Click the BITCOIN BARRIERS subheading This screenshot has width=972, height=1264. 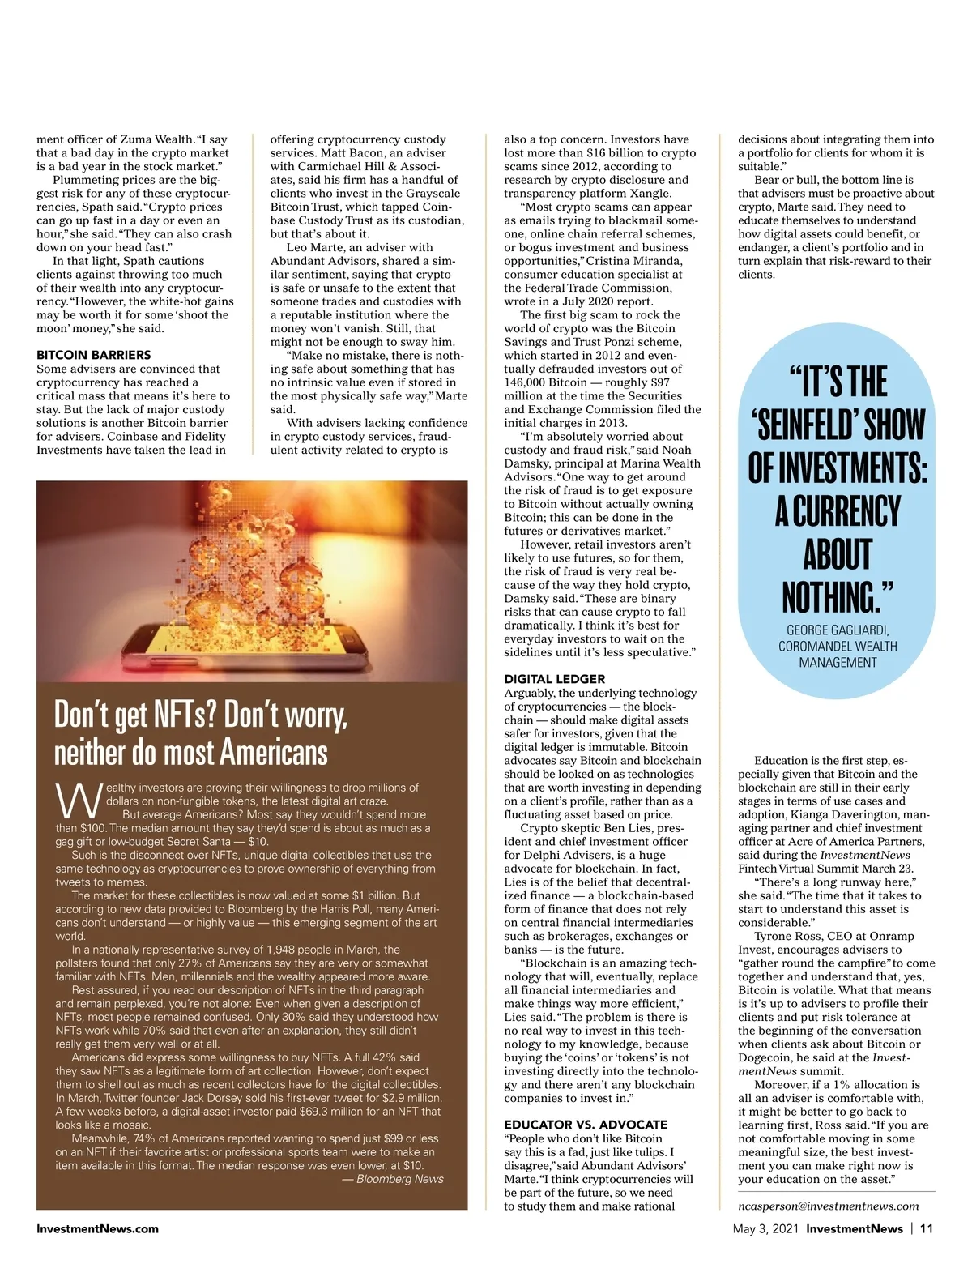pyautogui.click(x=93, y=355)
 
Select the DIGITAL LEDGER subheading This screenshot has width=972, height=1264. pyautogui.click(x=554, y=679)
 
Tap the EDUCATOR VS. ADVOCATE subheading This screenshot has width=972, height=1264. pyautogui.click(x=586, y=1125)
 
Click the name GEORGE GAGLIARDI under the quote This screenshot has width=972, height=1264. pyautogui.click(x=838, y=630)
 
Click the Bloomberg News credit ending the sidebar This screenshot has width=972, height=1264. pyautogui.click(x=399, y=1179)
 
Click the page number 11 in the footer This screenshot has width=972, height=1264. pyautogui.click(x=927, y=1228)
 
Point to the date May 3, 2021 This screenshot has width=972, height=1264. pyautogui.click(x=765, y=1228)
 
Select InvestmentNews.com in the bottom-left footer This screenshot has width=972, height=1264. pyautogui.click(x=97, y=1228)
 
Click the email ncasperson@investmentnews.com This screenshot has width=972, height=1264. pyautogui.click(x=828, y=1206)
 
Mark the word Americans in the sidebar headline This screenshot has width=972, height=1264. pyautogui.click(x=274, y=753)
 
